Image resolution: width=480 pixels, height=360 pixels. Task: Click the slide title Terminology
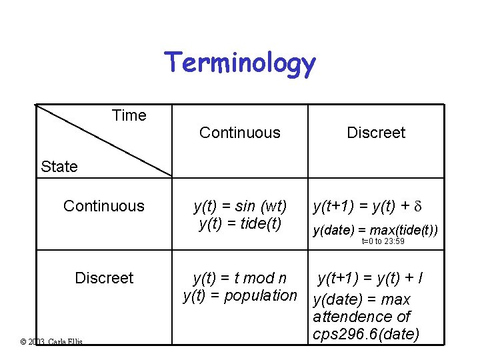click(240, 63)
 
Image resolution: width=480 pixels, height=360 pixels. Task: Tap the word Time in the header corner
click(129, 115)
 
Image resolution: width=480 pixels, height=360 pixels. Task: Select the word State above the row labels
click(59, 167)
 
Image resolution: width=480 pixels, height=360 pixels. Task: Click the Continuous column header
click(240, 133)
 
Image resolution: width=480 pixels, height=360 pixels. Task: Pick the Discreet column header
click(376, 133)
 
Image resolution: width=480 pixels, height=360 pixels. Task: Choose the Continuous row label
click(103, 206)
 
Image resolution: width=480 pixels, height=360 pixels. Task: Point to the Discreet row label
click(104, 277)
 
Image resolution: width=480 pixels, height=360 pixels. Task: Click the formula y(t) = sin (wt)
click(240, 206)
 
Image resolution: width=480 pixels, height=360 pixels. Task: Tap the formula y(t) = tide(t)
click(240, 223)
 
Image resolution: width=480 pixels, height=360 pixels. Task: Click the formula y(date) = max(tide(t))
click(376, 231)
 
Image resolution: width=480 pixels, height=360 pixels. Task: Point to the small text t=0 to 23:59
click(383, 241)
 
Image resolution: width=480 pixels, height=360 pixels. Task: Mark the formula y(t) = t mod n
click(240, 277)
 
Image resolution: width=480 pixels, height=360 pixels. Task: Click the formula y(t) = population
click(240, 295)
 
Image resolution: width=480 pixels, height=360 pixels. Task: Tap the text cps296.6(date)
click(366, 334)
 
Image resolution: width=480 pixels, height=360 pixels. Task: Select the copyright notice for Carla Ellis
click(52, 341)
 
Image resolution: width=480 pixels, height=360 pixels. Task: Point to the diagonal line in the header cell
click(103, 141)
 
